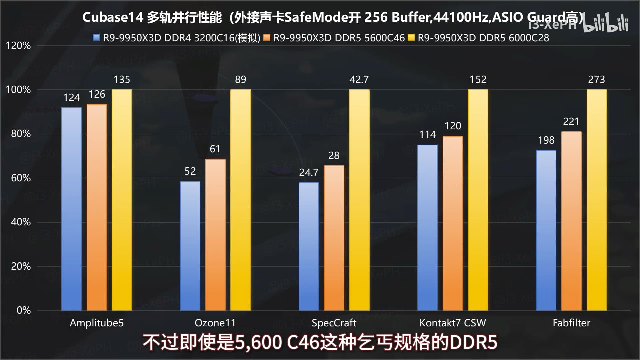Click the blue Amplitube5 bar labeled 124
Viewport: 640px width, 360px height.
pyautogui.click(x=71, y=209)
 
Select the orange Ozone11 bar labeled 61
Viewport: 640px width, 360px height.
pyautogui.click(x=215, y=235)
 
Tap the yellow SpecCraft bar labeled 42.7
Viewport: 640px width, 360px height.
pyautogui.click(x=359, y=200)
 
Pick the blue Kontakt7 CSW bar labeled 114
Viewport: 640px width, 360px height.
pyautogui.click(x=427, y=228)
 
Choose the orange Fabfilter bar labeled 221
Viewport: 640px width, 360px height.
pyautogui.click(x=571, y=221)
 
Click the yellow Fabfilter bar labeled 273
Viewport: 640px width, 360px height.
pyautogui.click(x=596, y=200)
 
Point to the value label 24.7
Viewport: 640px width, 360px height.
pyautogui.click(x=309, y=172)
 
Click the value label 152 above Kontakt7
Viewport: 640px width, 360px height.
pyautogui.click(x=478, y=79)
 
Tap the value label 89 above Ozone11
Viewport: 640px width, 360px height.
pyautogui.click(x=240, y=79)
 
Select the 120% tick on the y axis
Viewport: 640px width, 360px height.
pyautogui.click(x=18, y=46)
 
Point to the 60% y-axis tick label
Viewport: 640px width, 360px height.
pyautogui.click(x=21, y=178)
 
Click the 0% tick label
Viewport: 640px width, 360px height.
pyautogui.click(x=24, y=310)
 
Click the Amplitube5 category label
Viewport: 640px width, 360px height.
pyautogui.click(x=97, y=323)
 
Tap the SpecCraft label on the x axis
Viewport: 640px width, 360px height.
pyautogui.click(x=334, y=323)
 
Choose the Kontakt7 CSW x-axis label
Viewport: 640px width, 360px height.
pyautogui.click(x=453, y=323)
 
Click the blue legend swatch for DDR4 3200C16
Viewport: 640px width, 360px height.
pyautogui.click(x=97, y=38)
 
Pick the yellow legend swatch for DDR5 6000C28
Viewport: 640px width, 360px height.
pyautogui.click(x=411, y=38)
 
